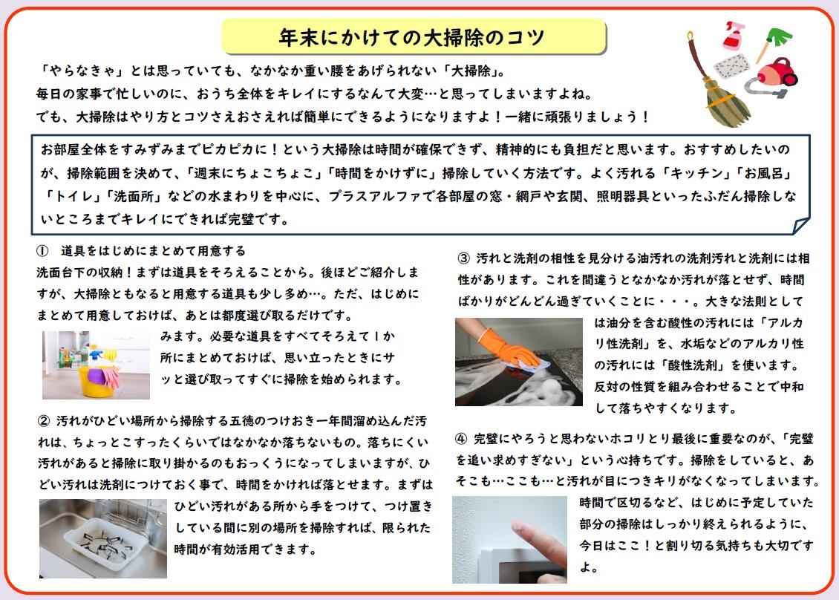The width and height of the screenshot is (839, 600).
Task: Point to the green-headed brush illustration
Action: click(x=774, y=44)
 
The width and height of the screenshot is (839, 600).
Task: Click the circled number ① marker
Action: click(x=42, y=250)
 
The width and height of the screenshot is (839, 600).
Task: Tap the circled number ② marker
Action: click(x=44, y=421)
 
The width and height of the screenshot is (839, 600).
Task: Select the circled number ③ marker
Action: click(x=463, y=258)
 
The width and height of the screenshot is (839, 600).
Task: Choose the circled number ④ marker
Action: click(x=461, y=439)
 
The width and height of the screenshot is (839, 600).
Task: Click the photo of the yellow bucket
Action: click(x=96, y=365)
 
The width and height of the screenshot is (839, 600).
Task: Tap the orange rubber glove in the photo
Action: click(x=509, y=348)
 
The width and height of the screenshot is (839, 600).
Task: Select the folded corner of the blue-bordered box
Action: click(x=801, y=226)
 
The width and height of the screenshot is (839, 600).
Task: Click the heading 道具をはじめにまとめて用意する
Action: click(x=153, y=250)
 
